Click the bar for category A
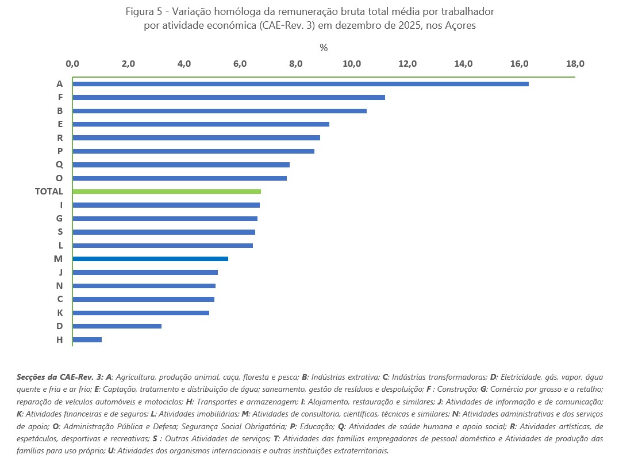click(300, 84)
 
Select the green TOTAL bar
click(167, 192)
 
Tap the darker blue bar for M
click(150, 259)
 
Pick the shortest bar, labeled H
click(87, 339)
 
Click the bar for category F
click(228, 97)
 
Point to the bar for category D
click(117, 326)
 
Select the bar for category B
click(219, 110)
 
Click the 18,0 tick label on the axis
click(574, 64)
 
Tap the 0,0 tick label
click(72, 64)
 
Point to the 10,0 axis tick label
click(351, 64)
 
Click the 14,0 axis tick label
click(463, 64)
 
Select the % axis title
click(324, 48)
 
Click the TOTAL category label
click(49, 192)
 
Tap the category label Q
click(59, 165)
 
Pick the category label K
click(60, 312)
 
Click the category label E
click(60, 124)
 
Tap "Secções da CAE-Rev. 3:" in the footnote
click(60, 377)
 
